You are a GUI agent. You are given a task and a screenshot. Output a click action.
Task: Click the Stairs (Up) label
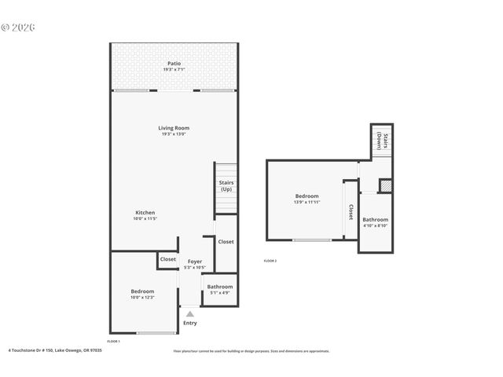click(x=226, y=185)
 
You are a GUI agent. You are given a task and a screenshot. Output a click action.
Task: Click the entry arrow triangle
click(x=190, y=313)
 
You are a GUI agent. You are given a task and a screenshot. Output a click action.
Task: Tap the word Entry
click(x=190, y=323)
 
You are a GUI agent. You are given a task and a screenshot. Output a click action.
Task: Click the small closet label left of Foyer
click(x=167, y=259)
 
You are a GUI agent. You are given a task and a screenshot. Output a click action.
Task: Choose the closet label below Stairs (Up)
click(x=226, y=242)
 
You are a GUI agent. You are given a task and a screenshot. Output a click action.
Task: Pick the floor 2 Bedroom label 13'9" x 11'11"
click(x=307, y=199)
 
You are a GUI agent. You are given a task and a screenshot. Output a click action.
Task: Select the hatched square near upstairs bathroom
click(x=385, y=185)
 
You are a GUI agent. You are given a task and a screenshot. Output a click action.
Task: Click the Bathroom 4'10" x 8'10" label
click(x=375, y=222)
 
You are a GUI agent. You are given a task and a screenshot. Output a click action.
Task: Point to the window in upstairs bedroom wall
click(x=311, y=240)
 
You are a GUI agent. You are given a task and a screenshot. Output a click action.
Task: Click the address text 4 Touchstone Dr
click(x=55, y=350)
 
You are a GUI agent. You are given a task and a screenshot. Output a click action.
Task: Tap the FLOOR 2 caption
click(x=270, y=261)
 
